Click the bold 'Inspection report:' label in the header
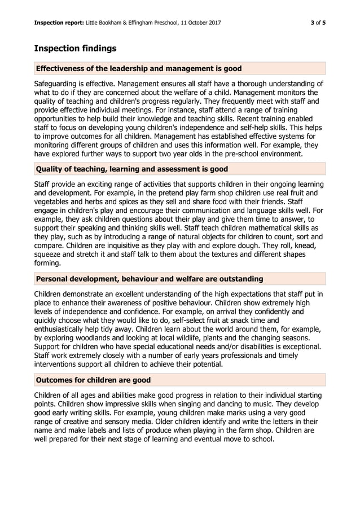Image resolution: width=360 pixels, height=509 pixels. [59, 23]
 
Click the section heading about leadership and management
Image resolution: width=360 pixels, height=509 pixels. [138, 69]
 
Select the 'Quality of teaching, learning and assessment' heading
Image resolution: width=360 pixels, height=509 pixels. [131, 169]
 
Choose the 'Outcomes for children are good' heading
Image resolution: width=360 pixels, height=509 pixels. [93, 380]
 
